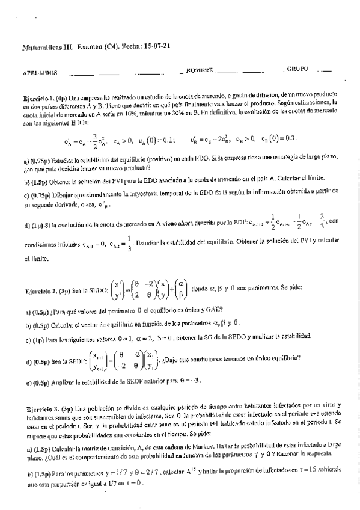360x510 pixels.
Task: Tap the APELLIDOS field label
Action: tap(40, 72)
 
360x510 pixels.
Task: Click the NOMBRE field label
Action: tap(200, 71)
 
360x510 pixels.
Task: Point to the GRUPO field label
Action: tap(294, 70)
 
